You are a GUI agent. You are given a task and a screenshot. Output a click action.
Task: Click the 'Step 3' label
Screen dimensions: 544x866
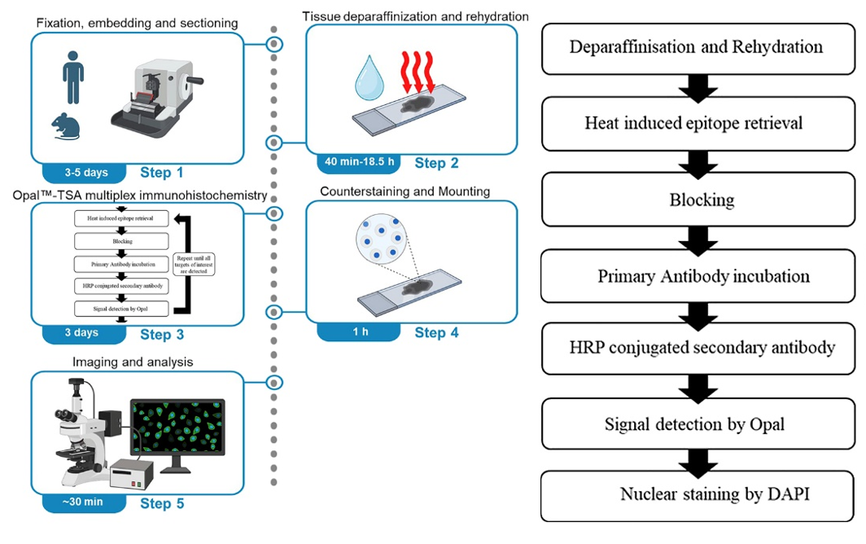[x=162, y=334]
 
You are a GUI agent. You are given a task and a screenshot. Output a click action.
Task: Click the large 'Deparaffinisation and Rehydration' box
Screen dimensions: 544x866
[x=696, y=46]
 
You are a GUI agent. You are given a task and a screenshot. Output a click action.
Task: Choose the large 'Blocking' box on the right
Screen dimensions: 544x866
[x=696, y=200]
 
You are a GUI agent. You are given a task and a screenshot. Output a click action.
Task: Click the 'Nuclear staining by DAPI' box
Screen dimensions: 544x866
[x=696, y=494]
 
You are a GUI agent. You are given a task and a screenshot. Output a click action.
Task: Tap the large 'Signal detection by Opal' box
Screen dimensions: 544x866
[x=696, y=423]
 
